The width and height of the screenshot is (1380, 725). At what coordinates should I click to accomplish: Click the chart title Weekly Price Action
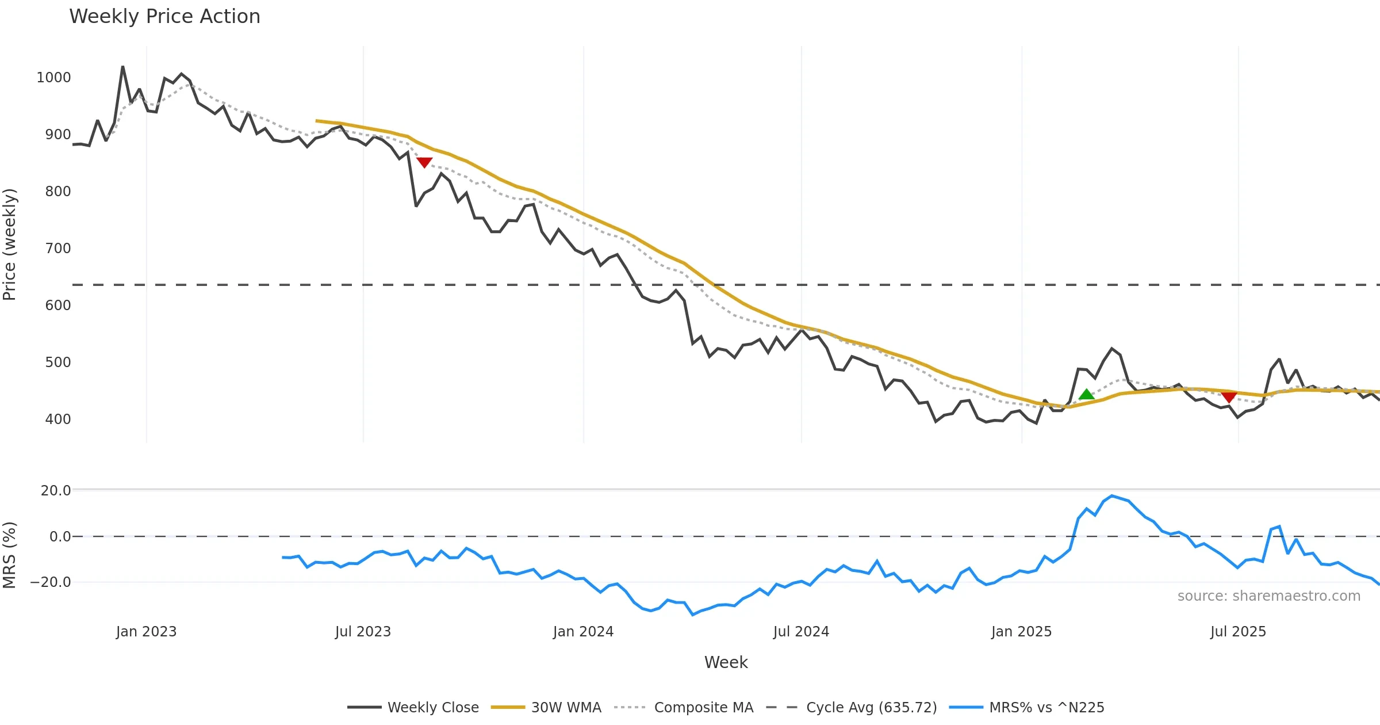pyautogui.click(x=164, y=17)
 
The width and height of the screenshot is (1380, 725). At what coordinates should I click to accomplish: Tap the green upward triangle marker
pyautogui.click(x=1086, y=395)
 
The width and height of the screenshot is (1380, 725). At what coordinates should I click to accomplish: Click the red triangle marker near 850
pyautogui.click(x=424, y=163)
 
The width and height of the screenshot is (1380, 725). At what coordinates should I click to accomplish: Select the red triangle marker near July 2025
pyautogui.click(x=1229, y=397)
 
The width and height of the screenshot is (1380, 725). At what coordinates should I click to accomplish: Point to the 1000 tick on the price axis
pyautogui.click(x=53, y=78)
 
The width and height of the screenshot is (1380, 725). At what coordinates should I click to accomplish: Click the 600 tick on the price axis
pyautogui.click(x=58, y=306)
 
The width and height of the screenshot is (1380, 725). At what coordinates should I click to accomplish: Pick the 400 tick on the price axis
pyautogui.click(x=58, y=419)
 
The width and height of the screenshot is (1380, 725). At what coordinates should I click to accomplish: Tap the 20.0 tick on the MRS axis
pyautogui.click(x=56, y=491)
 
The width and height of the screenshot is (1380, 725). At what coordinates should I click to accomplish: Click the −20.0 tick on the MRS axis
pyautogui.click(x=51, y=582)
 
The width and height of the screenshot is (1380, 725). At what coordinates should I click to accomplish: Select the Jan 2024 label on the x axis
pyautogui.click(x=583, y=632)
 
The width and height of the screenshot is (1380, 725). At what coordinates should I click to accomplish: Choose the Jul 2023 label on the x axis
pyautogui.click(x=363, y=632)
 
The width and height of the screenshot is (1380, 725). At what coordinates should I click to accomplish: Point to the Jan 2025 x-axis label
pyautogui.click(x=1021, y=632)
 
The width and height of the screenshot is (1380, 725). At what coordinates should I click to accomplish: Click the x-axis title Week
pyautogui.click(x=726, y=663)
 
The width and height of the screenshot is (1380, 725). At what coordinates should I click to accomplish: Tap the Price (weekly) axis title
pyautogui.click(x=10, y=245)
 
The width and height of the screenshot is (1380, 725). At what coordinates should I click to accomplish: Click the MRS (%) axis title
pyautogui.click(x=10, y=555)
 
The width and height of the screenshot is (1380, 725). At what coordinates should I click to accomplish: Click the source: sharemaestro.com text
pyautogui.click(x=1268, y=596)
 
